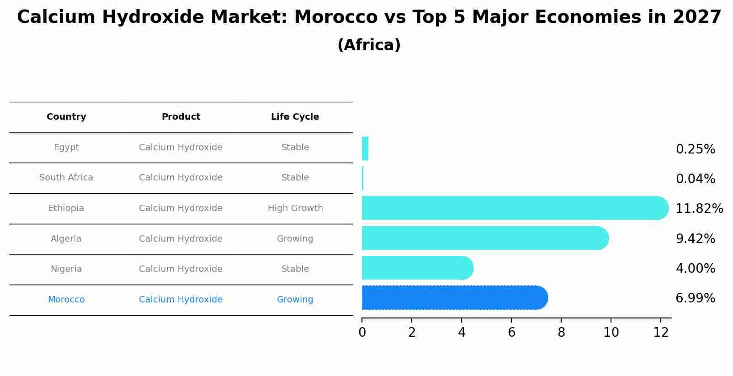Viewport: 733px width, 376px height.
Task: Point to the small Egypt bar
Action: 365,149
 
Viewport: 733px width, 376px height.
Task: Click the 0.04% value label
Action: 695,179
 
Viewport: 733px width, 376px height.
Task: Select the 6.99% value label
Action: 695,298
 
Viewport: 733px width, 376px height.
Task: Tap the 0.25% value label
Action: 695,149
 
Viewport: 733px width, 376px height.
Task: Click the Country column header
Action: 66,117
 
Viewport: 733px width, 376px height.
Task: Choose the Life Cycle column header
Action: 295,117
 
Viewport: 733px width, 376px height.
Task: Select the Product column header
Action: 181,117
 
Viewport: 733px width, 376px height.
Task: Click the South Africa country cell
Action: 66,178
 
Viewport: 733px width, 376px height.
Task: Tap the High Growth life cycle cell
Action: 295,208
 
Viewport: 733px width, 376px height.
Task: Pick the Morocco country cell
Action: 66,300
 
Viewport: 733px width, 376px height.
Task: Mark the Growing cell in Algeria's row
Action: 295,239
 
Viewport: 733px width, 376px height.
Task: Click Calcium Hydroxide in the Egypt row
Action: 181,148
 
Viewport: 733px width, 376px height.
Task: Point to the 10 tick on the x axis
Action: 611,333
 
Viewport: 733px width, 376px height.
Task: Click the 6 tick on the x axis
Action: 511,333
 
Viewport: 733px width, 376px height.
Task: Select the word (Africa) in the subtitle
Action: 369,45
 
